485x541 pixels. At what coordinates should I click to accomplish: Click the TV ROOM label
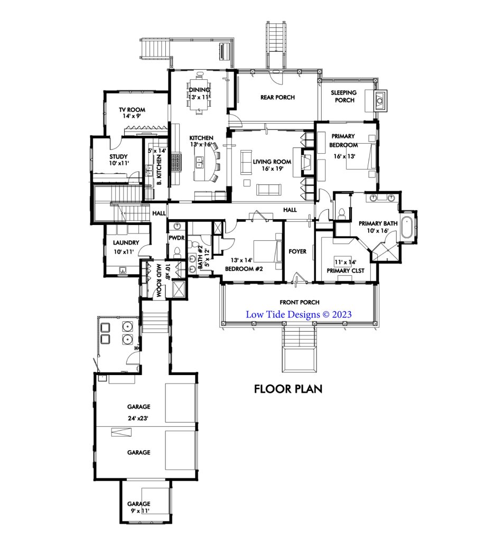click(x=132, y=110)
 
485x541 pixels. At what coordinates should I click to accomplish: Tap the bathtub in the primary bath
click(x=408, y=227)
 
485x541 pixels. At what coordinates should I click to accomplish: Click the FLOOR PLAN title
click(x=288, y=389)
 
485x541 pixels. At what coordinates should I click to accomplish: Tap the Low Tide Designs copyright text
click(x=299, y=314)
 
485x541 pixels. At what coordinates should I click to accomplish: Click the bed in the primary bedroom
click(x=361, y=157)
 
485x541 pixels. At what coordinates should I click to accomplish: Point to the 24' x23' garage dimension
click(x=138, y=418)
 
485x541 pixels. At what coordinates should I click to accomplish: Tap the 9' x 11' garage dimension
click(x=140, y=511)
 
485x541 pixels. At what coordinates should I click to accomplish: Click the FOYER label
click(x=297, y=251)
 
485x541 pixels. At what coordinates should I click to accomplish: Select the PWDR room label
click(x=176, y=238)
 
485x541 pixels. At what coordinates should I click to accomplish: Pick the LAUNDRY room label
click(x=126, y=242)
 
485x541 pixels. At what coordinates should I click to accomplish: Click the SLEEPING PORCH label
click(x=343, y=96)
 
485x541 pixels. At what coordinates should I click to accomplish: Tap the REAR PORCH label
click(x=278, y=97)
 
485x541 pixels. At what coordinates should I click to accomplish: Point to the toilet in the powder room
click(x=177, y=253)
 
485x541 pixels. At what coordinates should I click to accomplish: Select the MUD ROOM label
click(x=159, y=281)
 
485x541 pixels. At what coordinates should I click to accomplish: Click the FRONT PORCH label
click(x=300, y=302)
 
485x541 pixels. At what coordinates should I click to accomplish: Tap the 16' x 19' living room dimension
click(x=272, y=169)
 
